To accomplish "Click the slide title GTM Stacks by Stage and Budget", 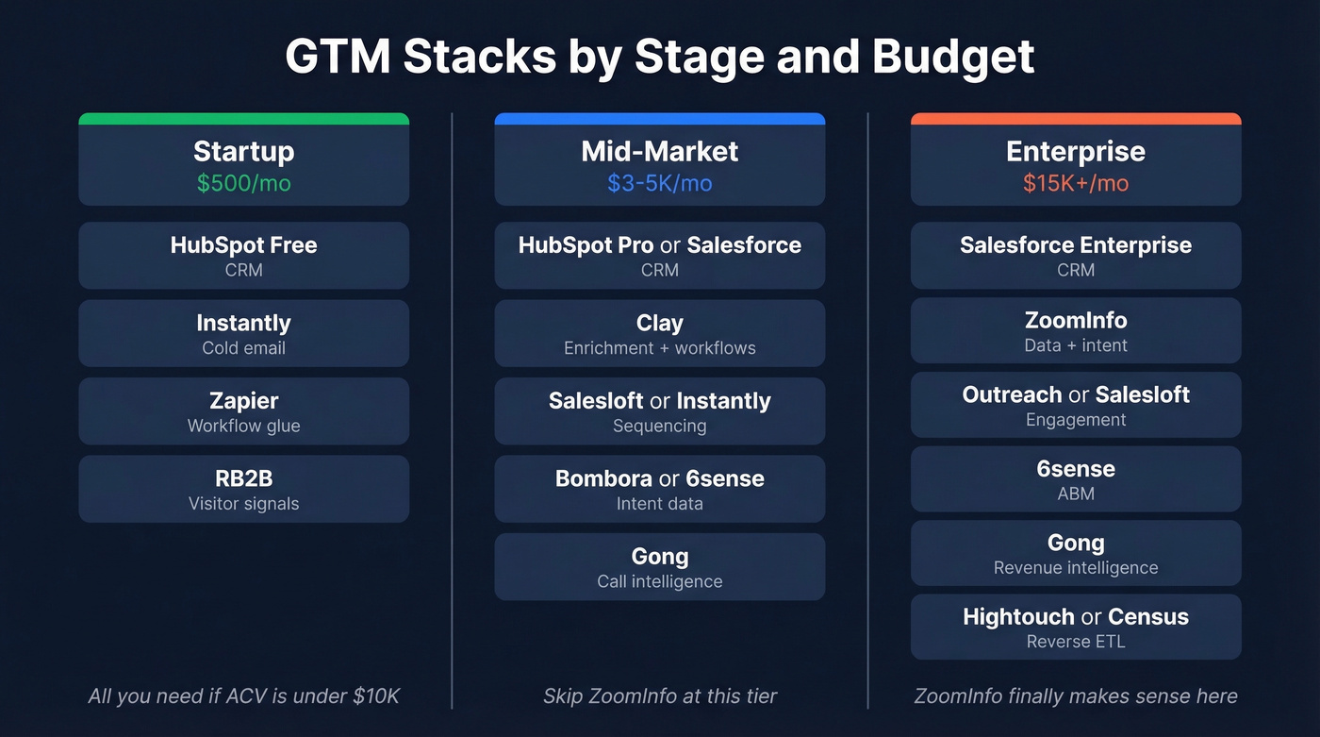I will tap(659, 57).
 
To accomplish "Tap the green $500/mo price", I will tap(243, 183).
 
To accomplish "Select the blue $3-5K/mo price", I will tap(659, 183).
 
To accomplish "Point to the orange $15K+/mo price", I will tap(1076, 183).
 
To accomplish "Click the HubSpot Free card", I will tap(243, 256).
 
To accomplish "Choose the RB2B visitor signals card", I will tap(243, 489).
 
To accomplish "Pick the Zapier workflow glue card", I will tap(243, 411).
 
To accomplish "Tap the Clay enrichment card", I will tap(659, 333).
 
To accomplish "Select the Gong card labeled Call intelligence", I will tap(659, 566).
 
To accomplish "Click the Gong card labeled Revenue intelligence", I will tap(1076, 553).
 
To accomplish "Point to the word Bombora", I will tap(603, 478).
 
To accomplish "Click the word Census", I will tap(1147, 617).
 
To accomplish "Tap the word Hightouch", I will tap(1018, 617).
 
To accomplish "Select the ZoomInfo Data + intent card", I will tap(1076, 331).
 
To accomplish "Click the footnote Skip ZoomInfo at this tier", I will tap(659, 696).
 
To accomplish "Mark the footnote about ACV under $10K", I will tap(243, 696).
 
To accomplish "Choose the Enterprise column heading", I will tap(1076, 151).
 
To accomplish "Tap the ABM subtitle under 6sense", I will tap(1076, 494).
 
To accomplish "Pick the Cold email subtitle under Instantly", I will tap(243, 348).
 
